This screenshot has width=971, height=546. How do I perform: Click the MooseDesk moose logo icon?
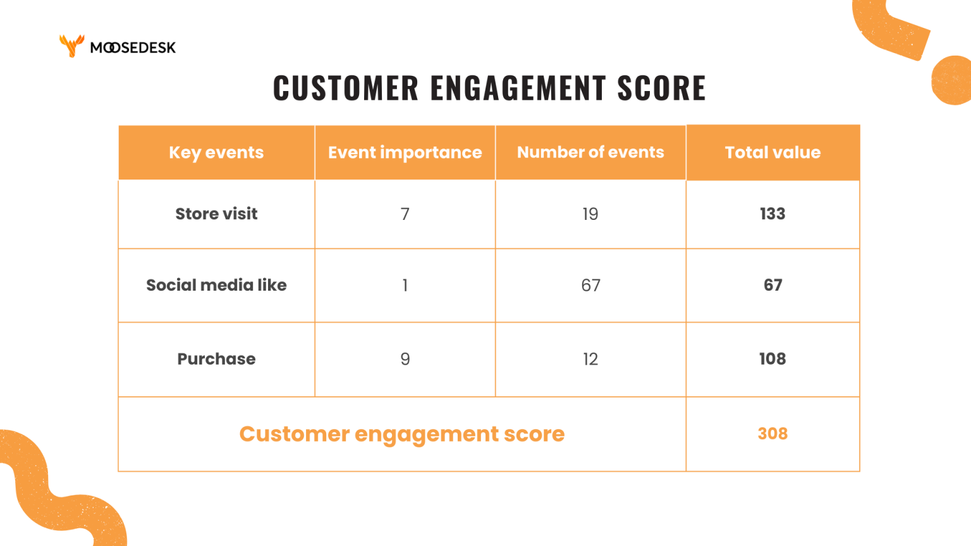click(x=71, y=45)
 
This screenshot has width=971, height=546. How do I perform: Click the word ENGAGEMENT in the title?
click(x=518, y=88)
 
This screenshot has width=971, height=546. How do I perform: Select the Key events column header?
click(x=216, y=152)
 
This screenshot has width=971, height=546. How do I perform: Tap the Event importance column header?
click(x=405, y=152)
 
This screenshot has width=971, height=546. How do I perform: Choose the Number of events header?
click(x=590, y=152)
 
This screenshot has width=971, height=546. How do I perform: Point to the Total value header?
click(x=773, y=152)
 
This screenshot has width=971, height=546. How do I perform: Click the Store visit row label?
click(x=216, y=214)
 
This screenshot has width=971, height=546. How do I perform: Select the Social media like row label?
click(x=216, y=285)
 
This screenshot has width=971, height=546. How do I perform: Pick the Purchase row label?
click(x=216, y=359)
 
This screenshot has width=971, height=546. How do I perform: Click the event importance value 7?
click(x=405, y=214)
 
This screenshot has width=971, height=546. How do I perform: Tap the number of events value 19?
click(x=590, y=214)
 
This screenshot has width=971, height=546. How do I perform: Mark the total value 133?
click(x=773, y=214)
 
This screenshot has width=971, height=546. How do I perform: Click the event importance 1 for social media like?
click(x=405, y=286)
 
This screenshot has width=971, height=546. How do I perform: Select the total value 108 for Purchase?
click(x=773, y=359)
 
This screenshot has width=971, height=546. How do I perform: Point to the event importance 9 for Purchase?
click(x=405, y=360)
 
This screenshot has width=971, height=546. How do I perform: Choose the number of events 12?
click(x=590, y=360)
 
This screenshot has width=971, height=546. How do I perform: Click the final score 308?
click(x=773, y=434)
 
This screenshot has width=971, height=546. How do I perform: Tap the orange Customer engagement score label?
click(x=402, y=434)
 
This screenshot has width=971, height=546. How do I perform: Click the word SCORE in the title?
click(x=661, y=88)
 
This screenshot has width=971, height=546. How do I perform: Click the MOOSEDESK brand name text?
click(x=133, y=47)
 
